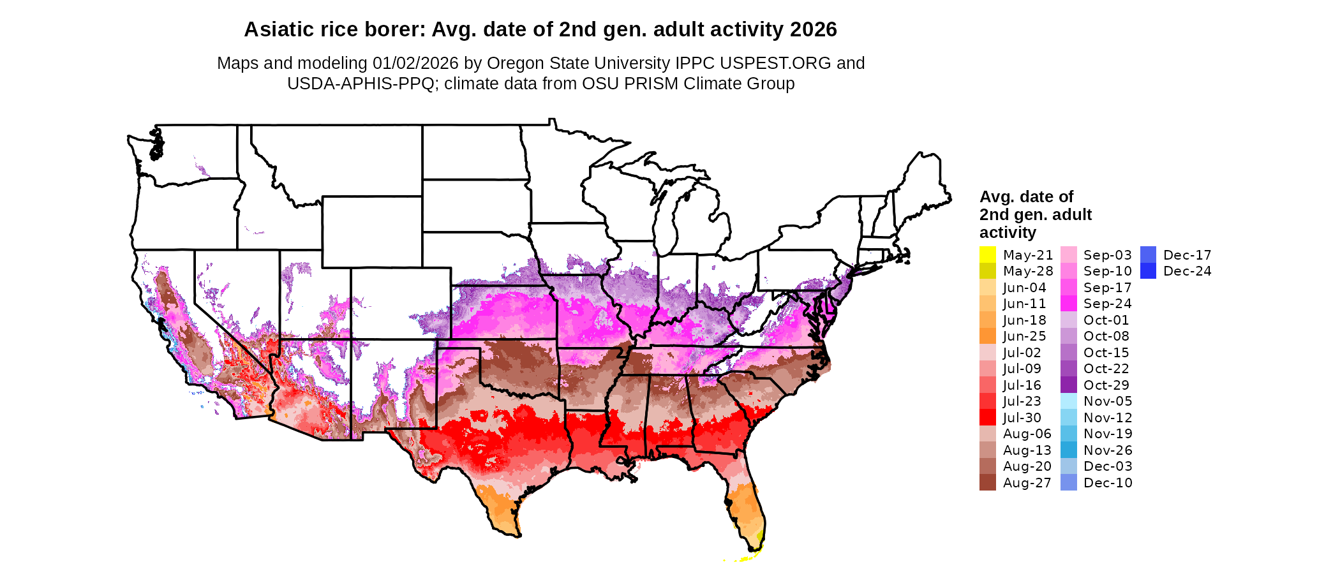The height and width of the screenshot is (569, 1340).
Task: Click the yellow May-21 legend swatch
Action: [x=987, y=255]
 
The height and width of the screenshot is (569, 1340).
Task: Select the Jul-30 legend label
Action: [x=1022, y=418]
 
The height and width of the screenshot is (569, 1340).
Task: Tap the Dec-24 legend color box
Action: [x=1147, y=271]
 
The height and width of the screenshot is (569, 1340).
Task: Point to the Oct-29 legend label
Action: [x=1106, y=385]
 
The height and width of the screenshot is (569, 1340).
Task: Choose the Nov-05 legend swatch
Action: [x=1068, y=401]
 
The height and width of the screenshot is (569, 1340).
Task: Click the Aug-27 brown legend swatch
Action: [x=987, y=483]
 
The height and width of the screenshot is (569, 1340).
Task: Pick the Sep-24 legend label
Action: [x=1107, y=304]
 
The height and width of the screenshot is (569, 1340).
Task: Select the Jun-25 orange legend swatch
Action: [x=987, y=336]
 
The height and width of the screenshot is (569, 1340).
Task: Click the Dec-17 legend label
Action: [x=1187, y=255]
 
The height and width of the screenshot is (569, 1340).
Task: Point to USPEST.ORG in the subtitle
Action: [x=775, y=63]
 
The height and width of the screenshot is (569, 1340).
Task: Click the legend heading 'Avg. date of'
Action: [x=1026, y=196]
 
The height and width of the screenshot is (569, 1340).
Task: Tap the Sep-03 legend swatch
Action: [x=1068, y=255]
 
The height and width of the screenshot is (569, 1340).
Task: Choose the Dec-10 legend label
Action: [x=1108, y=483]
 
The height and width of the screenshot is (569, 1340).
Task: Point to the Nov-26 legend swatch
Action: [x=1068, y=450]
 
